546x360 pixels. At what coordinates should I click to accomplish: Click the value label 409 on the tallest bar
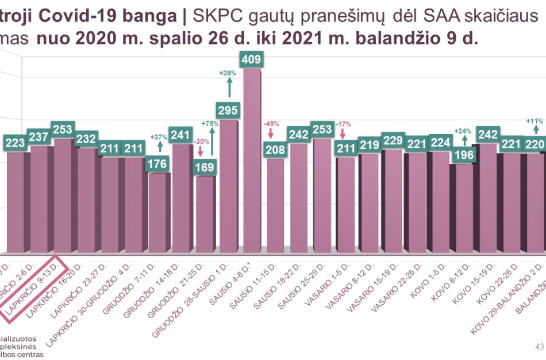253,59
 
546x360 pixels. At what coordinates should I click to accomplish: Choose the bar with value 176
157,213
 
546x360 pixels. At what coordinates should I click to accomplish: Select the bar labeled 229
394,201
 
